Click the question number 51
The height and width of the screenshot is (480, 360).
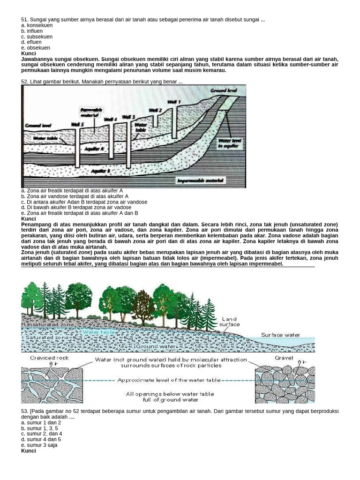[x=25, y=20]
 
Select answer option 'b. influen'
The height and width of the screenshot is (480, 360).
[x=32, y=31]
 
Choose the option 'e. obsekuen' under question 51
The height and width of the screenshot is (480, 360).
[x=36, y=48]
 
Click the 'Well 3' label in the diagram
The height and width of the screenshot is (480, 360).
[x=128, y=117]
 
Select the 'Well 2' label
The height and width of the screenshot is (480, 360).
[x=155, y=111]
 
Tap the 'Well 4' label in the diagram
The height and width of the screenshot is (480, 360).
[x=110, y=120]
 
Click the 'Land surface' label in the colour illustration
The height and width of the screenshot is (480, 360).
[x=230, y=322]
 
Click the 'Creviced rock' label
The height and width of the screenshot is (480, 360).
[x=43, y=358]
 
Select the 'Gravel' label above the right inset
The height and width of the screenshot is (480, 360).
[x=285, y=358]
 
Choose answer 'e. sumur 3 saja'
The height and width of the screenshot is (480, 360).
[x=39, y=445]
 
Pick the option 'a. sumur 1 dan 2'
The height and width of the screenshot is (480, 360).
[x=41, y=423]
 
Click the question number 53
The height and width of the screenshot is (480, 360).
[x=25, y=411]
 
